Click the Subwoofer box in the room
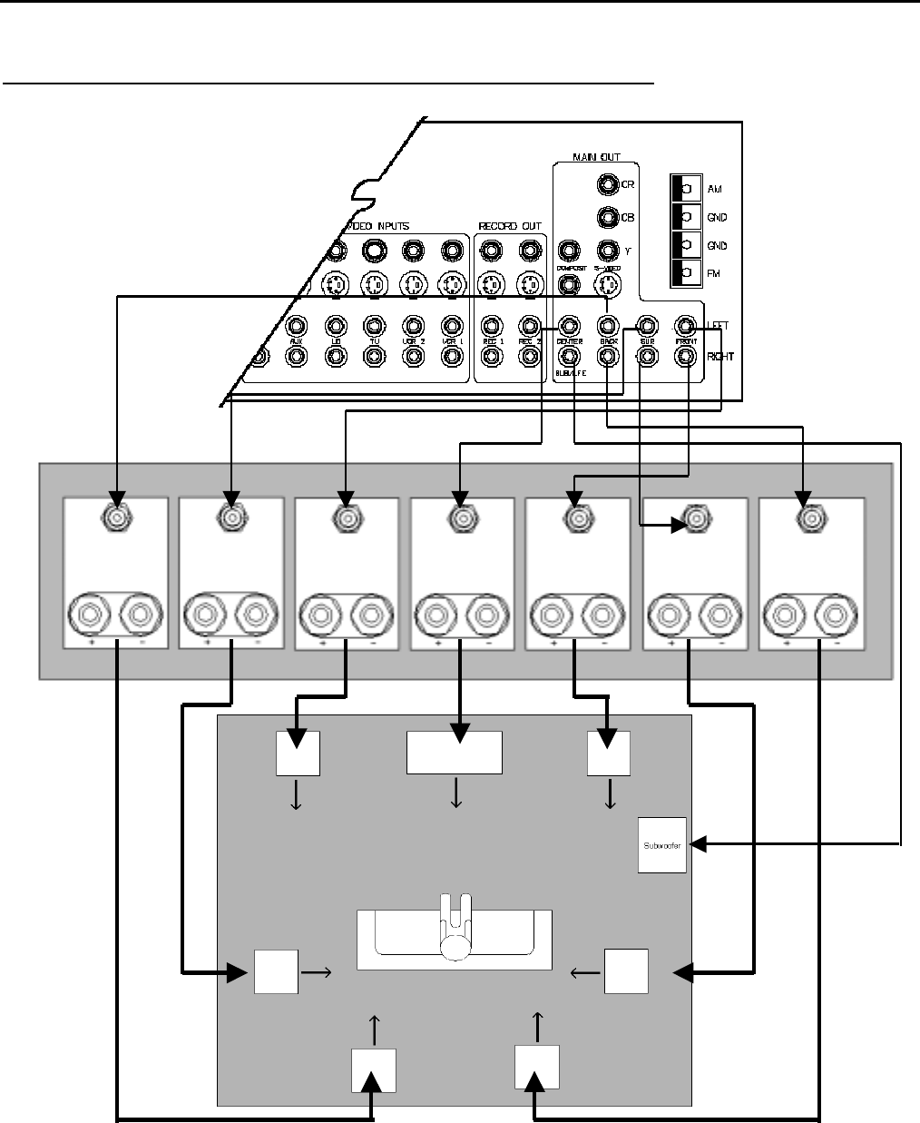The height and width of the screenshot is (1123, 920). (662, 845)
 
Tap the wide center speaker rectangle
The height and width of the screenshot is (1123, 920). (454, 753)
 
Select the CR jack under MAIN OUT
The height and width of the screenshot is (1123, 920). (607, 184)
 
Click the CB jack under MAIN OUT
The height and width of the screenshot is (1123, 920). (607, 218)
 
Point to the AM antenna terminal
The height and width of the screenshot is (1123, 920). (685, 189)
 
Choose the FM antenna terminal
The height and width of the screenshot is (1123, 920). (685, 273)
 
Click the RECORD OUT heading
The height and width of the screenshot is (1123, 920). (510, 226)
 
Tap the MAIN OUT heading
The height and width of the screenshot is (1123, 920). (595, 158)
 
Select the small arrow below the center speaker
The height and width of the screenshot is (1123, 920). (455, 794)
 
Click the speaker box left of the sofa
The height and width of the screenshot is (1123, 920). (276, 970)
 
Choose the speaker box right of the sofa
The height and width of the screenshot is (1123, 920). (627, 970)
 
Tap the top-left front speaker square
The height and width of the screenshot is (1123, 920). (298, 753)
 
